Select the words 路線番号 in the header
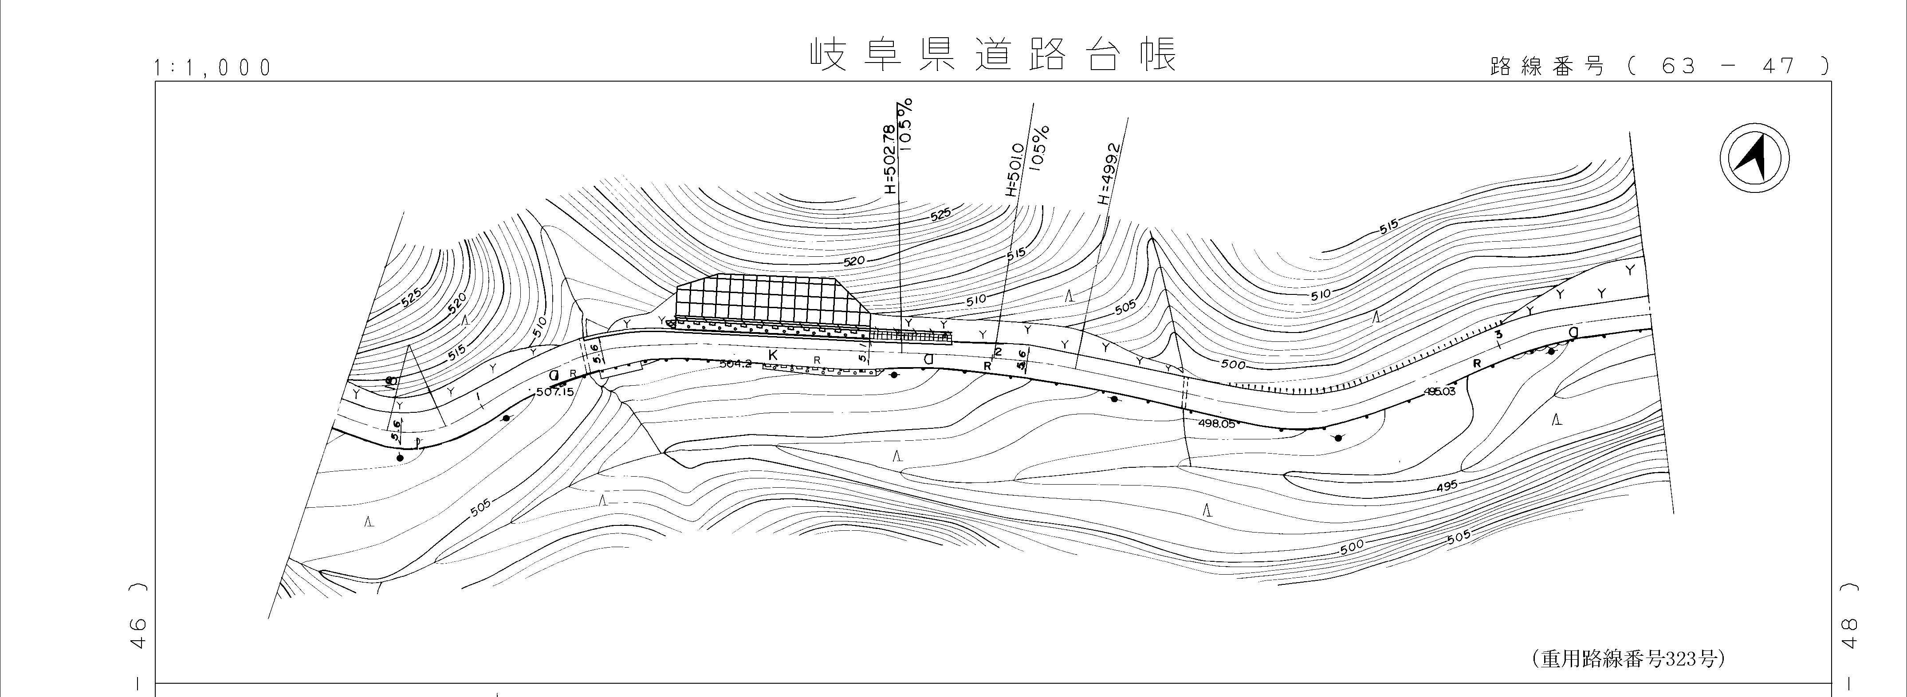[1546, 67]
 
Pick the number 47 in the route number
[1778, 67]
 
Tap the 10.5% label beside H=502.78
[907, 124]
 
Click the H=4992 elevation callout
[1108, 173]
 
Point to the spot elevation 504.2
[735, 364]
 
